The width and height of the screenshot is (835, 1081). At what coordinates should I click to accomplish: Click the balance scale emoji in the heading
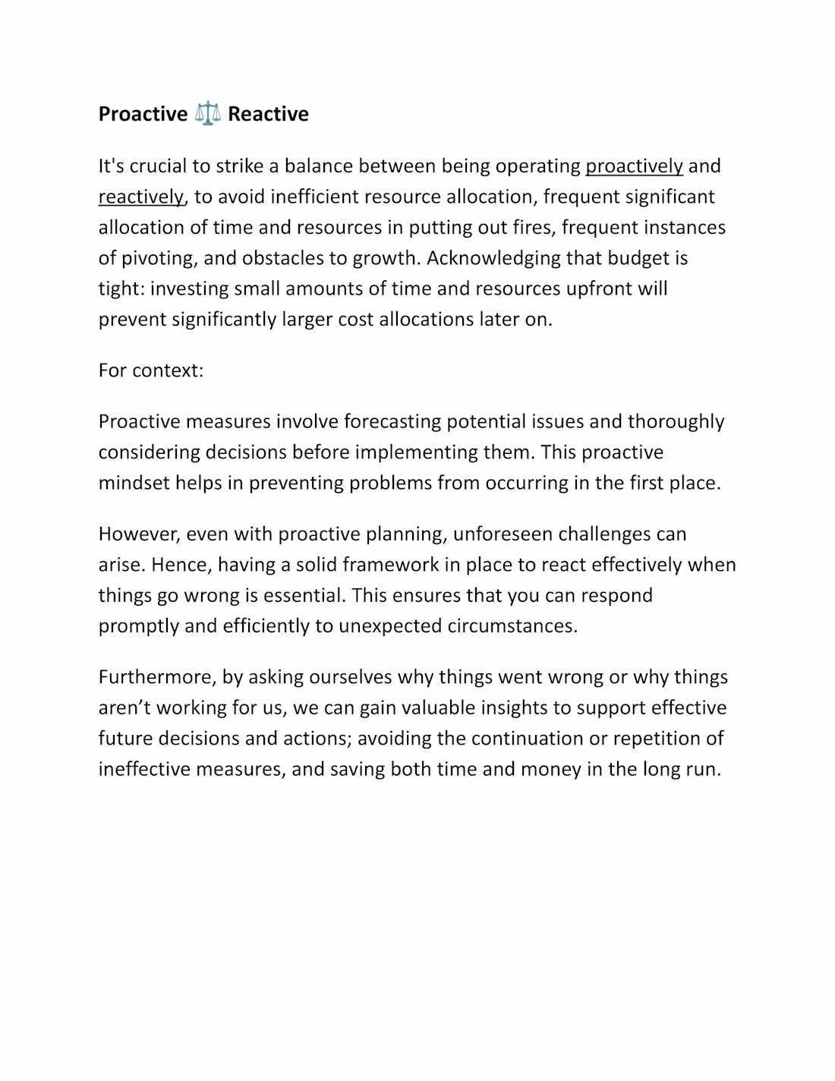coord(207,114)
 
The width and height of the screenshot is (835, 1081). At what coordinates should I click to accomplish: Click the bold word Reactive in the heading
coord(268,114)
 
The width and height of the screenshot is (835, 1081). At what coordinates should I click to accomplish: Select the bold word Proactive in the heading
coord(143,114)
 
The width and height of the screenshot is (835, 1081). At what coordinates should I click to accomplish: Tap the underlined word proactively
coord(634,166)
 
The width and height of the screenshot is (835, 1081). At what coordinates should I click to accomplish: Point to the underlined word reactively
coord(141,197)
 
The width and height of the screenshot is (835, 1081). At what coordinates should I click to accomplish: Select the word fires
coord(531,228)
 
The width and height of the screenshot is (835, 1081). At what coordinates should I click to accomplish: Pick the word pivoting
coord(157,258)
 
